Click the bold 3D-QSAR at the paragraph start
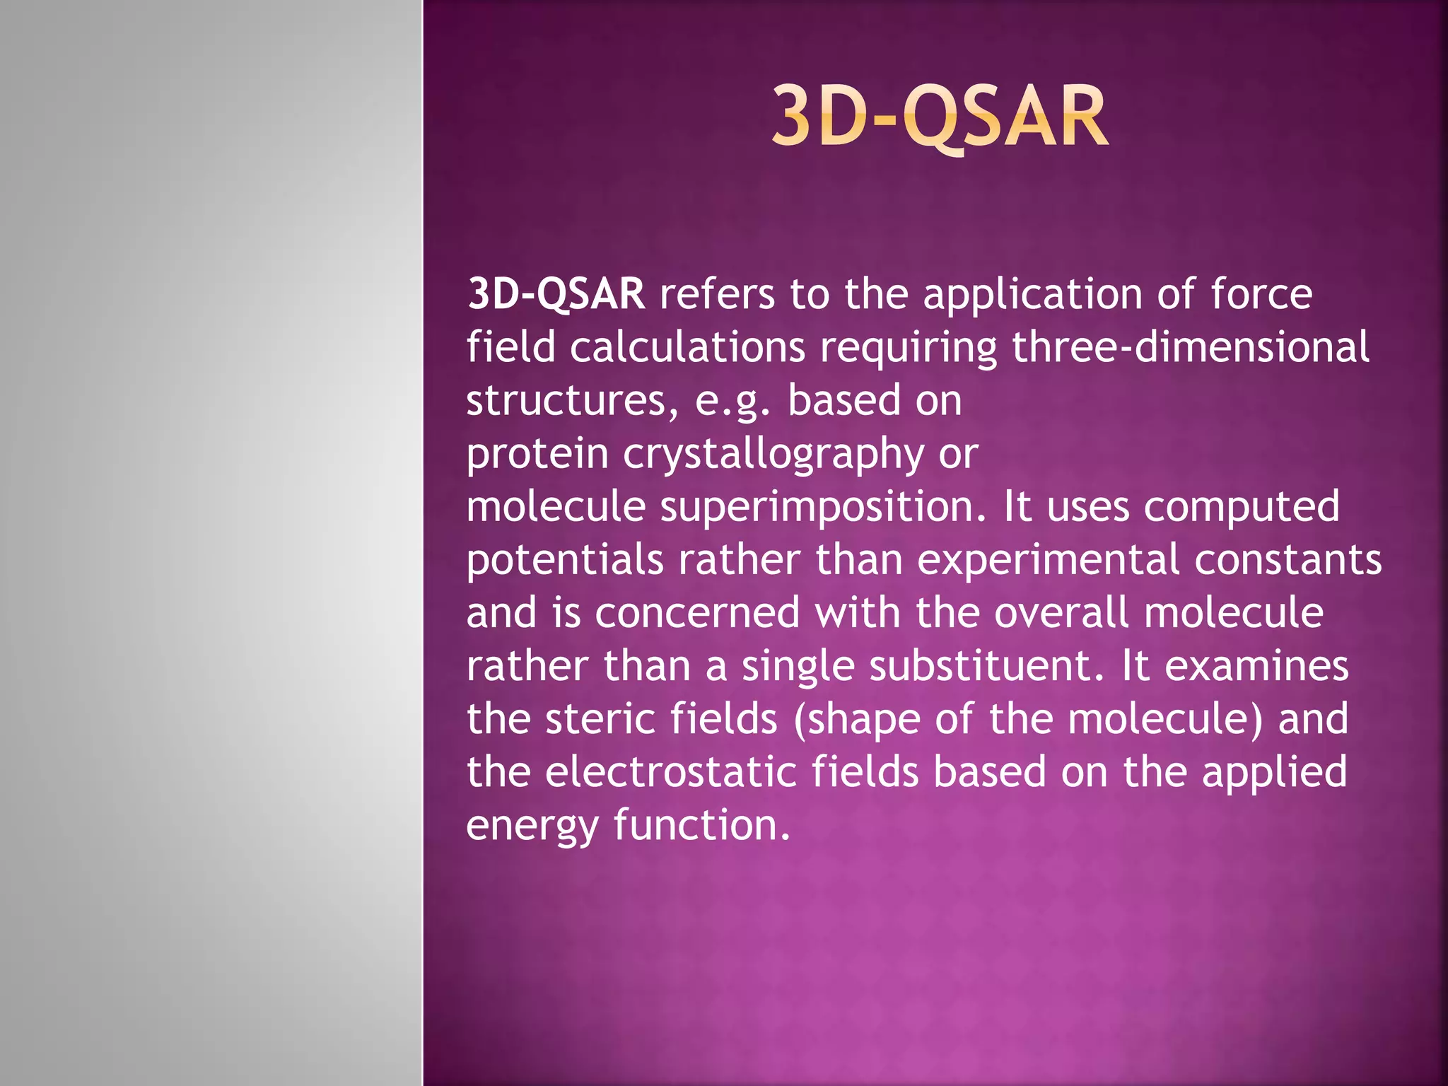pyautogui.click(x=556, y=294)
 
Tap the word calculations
pyautogui.click(x=687, y=348)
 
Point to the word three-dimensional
pyautogui.click(x=1190, y=348)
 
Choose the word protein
pyautogui.click(x=537, y=455)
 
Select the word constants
pyautogui.click(x=1288, y=560)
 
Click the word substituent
pyautogui.click(x=986, y=667)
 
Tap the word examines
pyautogui.click(x=1256, y=667)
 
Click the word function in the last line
pyautogui.click(x=701, y=825)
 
